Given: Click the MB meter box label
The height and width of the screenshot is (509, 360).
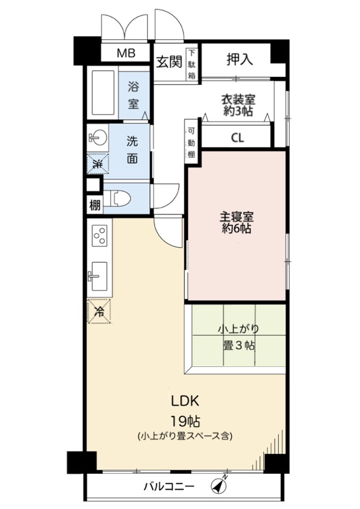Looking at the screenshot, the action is point(126,53).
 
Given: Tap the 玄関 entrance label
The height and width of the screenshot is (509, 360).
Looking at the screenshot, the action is point(169,61).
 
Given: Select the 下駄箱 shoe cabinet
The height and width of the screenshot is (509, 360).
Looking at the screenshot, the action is point(192,64).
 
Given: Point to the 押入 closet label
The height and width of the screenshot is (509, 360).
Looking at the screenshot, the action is point(240,59).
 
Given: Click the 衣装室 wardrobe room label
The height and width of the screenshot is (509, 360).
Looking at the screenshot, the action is point(238,99).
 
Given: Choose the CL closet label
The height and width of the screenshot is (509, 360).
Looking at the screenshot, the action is point(237,138).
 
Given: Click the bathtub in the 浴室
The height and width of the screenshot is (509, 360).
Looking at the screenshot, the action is point(103,93).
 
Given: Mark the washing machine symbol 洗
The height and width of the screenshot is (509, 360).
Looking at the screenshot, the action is point(97,163).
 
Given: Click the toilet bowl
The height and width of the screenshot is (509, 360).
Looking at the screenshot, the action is point(120,198).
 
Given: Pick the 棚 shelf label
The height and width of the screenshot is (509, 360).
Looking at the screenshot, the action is point(94,205).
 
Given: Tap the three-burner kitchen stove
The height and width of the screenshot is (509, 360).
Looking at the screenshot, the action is point(99,235).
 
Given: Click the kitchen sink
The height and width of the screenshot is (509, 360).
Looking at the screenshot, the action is point(98,276).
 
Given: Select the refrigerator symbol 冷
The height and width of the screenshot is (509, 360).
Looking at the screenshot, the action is point(99,311).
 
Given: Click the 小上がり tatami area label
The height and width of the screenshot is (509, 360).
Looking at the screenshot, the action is point(238,329).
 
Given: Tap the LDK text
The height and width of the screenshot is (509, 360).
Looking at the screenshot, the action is point(185,401).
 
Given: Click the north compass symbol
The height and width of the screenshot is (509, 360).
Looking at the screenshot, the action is point(219,485).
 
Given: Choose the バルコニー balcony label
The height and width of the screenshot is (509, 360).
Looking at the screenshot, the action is point(169,487).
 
